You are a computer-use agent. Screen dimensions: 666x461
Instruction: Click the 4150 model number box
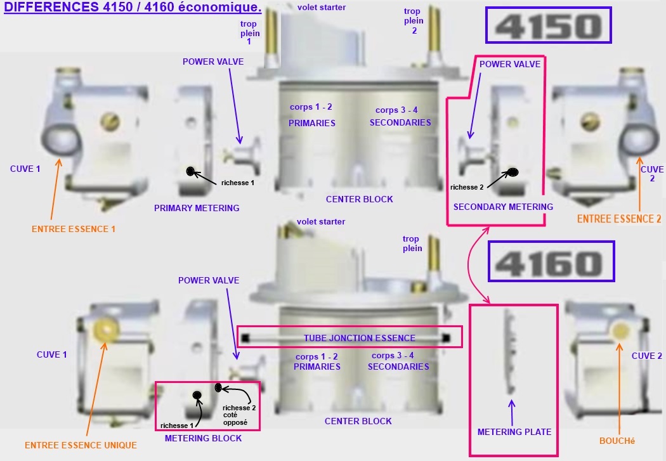point(549,25)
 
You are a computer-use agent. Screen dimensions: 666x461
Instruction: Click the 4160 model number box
point(551,261)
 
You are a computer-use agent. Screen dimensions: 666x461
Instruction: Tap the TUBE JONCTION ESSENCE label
point(360,338)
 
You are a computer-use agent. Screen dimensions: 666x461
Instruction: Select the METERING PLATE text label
point(514,432)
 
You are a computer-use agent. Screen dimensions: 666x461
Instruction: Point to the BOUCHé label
point(617,441)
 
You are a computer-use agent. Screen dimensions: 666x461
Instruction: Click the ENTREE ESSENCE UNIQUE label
point(81,445)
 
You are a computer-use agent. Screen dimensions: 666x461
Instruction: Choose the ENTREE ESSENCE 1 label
point(74,229)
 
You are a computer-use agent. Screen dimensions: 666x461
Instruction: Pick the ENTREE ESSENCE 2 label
point(619,219)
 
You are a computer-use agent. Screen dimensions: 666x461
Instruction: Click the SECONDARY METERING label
point(503,207)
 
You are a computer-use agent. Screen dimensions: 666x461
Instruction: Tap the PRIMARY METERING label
point(197,208)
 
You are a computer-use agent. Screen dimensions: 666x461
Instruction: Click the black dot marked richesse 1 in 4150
point(191,171)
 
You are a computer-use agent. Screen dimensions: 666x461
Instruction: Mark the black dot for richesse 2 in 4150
point(513,172)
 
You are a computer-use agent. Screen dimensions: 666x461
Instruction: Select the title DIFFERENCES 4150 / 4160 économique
point(133,7)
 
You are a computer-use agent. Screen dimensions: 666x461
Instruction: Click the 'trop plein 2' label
point(414,21)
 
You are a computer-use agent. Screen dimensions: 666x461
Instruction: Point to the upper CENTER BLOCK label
point(360,199)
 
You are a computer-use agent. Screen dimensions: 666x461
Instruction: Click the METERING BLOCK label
point(203,439)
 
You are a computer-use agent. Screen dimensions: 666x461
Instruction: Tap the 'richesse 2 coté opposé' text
point(238,415)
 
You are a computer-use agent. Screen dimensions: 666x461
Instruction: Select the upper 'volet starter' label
point(322,7)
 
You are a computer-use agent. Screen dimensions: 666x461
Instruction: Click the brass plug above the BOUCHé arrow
point(620,330)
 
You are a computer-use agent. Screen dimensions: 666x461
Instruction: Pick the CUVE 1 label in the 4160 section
point(52,354)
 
